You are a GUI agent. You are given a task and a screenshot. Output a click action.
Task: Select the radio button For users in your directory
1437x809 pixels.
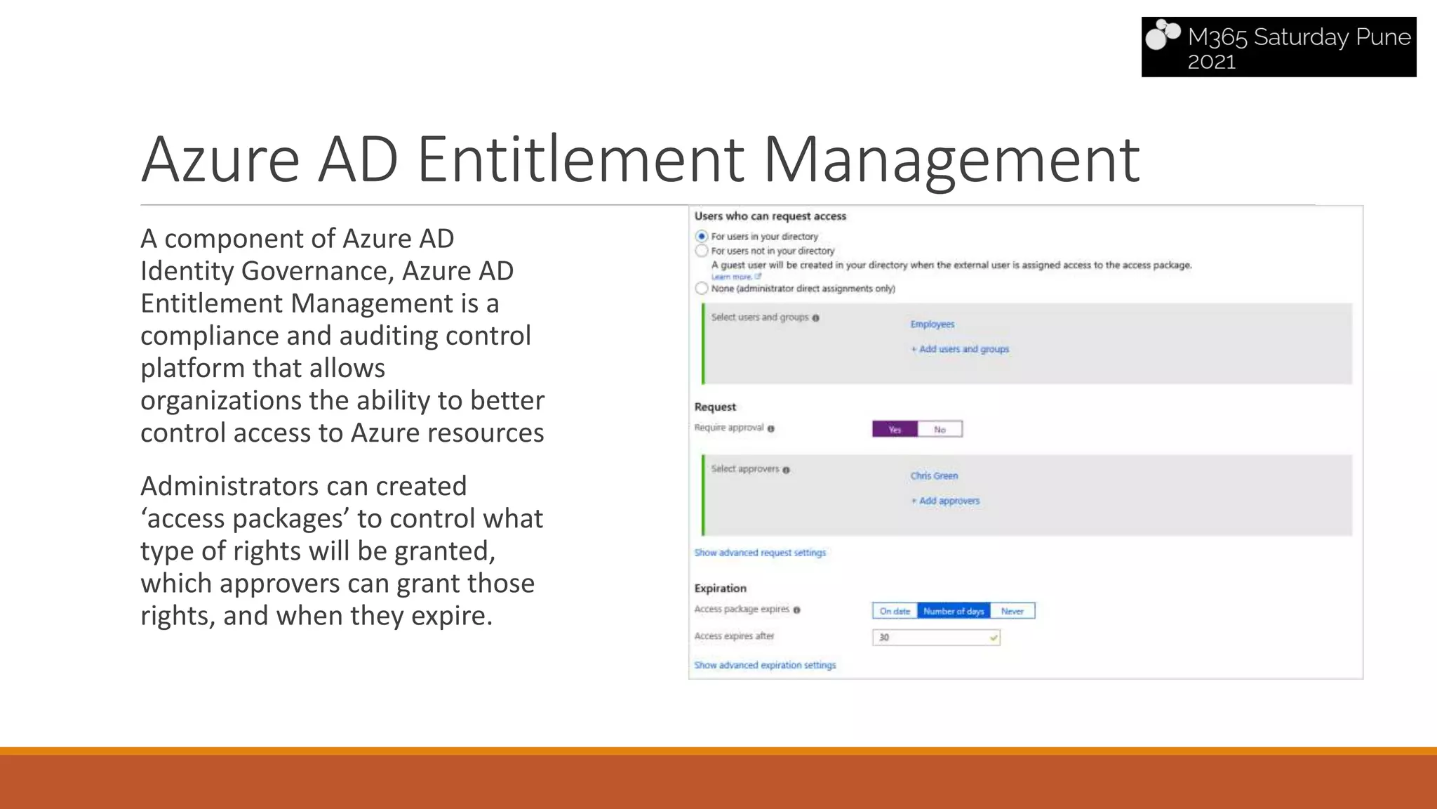pyautogui.click(x=701, y=236)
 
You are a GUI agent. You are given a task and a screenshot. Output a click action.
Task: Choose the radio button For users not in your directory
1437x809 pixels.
pyautogui.click(x=701, y=251)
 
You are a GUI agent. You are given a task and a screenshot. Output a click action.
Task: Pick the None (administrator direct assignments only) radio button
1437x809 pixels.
pyautogui.click(x=701, y=288)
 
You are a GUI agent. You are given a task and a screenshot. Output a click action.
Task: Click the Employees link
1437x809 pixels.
pyautogui.click(x=932, y=324)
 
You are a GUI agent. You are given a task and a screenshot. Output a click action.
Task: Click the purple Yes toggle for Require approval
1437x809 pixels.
pyautogui.click(x=895, y=429)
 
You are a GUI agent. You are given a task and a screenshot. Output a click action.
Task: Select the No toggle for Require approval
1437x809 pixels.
pyautogui.click(x=940, y=429)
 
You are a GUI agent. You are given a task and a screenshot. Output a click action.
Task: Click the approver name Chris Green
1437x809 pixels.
pyautogui.click(x=934, y=475)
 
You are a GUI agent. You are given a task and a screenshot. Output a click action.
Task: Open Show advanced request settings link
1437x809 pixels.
pyautogui.click(x=760, y=553)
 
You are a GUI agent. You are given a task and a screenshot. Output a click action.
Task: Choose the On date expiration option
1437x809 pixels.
pyautogui.click(x=895, y=611)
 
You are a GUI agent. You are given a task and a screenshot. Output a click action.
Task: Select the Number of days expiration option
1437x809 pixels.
pyautogui.click(x=954, y=611)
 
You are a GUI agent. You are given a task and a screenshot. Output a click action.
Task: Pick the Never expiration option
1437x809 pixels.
pyautogui.click(x=1012, y=611)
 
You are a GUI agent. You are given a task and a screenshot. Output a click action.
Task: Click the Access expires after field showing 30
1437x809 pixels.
pyautogui.click(x=935, y=637)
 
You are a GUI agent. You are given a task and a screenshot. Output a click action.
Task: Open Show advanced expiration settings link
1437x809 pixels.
pyautogui.click(x=765, y=665)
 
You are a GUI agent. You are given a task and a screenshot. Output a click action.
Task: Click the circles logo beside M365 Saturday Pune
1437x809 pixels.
pyautogui.click(x=1163, y=35)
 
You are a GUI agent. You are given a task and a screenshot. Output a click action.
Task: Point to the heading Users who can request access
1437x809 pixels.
pyautogui.click(x=770, y=216)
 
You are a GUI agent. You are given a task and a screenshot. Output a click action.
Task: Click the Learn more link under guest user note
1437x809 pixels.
pyautogui.click(x=733, y=277)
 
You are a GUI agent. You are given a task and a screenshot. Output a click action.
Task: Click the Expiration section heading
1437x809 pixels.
pyautogui.click(x=720, y=588)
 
